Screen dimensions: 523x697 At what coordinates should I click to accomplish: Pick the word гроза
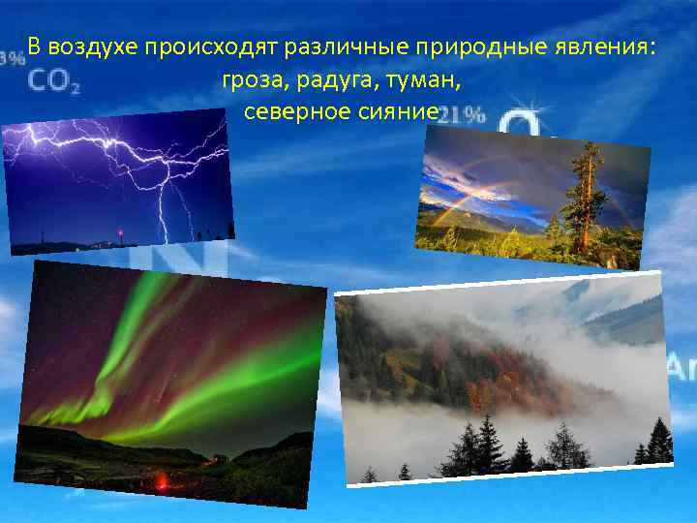pos(249,80)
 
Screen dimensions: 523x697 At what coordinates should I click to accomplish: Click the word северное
pos(288,112)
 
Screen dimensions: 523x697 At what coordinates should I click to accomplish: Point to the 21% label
pos(462,116)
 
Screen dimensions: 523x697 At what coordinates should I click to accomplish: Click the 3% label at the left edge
pos(13,58)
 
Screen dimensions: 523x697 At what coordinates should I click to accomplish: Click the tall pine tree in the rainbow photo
pos(584,194)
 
